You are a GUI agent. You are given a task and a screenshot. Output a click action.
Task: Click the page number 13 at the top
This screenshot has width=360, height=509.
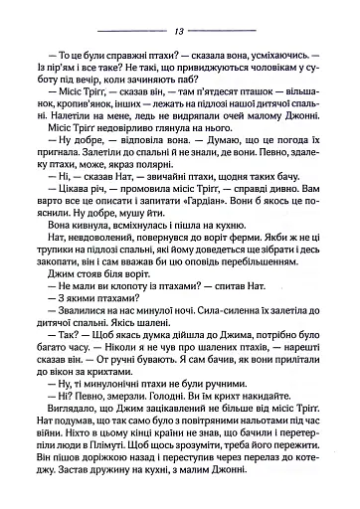180,32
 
